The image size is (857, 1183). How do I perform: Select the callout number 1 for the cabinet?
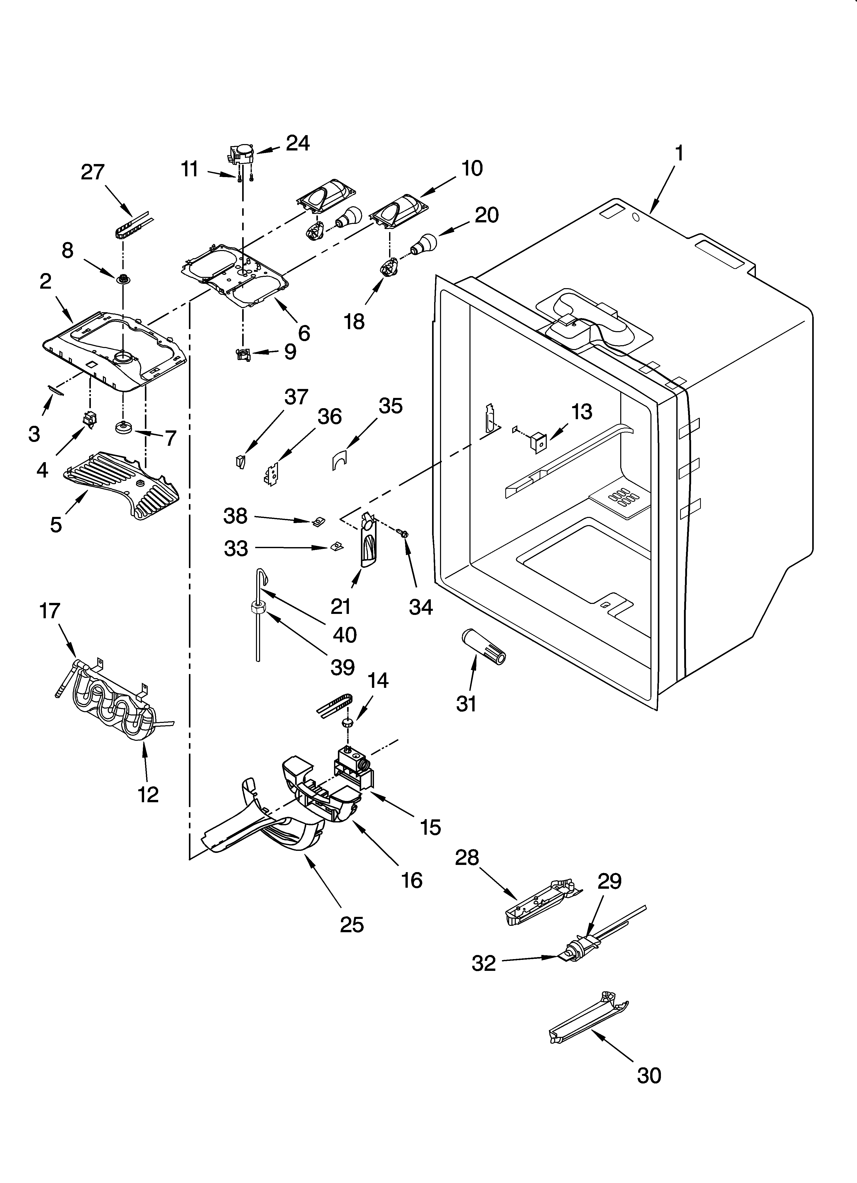click(x=679, y=153)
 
